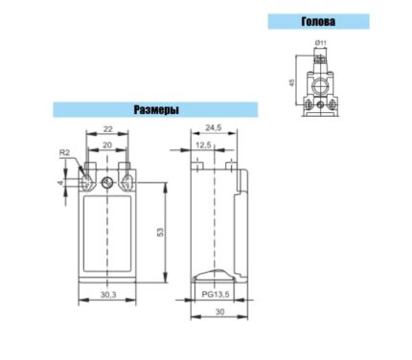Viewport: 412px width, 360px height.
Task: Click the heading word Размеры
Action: point(156,110)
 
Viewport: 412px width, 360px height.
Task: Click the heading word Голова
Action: point(318,21)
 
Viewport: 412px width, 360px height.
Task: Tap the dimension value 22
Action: point(108,129)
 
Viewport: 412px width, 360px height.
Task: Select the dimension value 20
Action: point(107,146)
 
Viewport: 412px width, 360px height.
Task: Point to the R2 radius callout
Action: point(64,152)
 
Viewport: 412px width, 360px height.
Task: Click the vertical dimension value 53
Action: point(160,232)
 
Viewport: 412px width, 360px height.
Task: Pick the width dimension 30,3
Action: point(108,295)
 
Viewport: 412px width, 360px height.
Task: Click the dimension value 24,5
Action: point(214,127)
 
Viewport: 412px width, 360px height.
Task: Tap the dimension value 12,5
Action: point(203,146)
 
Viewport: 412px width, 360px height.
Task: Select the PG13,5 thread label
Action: point(216,294)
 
